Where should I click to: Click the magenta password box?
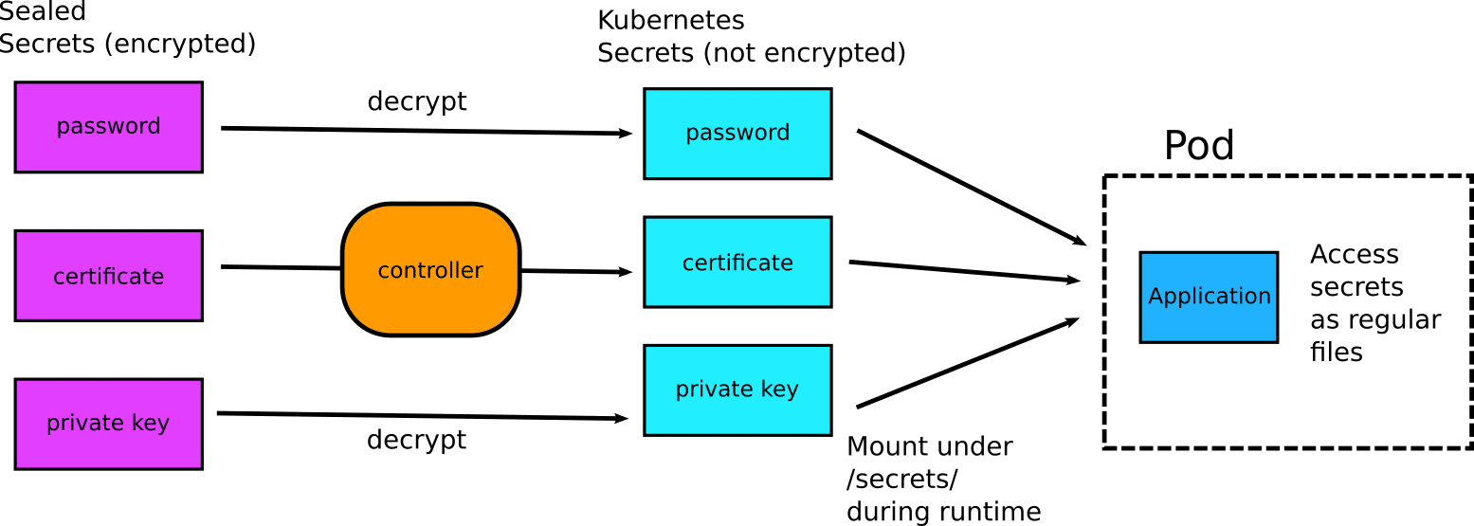point(109,127)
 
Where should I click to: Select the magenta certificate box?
point(109,276)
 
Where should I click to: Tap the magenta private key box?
point(109,424)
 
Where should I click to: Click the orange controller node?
point(431,270)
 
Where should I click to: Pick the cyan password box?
point(737,134)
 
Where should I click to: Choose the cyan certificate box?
point(737,262)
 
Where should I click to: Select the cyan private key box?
point(737,390)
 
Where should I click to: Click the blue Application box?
point(1209,297)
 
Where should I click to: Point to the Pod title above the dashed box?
point(1199,146)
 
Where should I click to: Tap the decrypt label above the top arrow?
point(417,102)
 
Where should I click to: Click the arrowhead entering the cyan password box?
point(625,134)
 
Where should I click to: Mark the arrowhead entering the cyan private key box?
point(621,418)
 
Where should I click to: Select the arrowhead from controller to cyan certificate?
point(625,272)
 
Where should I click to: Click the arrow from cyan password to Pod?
point(972,188)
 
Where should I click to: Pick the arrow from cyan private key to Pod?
point(968,363)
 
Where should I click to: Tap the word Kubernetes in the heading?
point(670,21)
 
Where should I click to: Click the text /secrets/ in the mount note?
point(902,480)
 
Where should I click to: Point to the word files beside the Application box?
point(1336,353)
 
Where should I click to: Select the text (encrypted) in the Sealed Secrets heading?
point(180,45)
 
